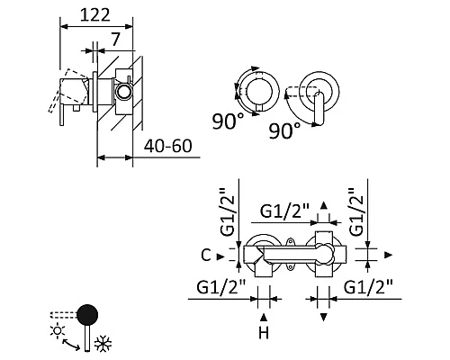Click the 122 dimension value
pos(95,15)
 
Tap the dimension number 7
pos(115,40)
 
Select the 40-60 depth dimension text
pos(167,146)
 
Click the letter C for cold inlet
pos(206,256)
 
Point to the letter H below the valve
pos(264,333)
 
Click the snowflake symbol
pos(103,344)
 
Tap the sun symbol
pos(58,331)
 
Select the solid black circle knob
pos(87,315)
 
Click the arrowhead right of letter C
pos(220,256)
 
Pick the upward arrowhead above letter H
pos(264,317)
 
